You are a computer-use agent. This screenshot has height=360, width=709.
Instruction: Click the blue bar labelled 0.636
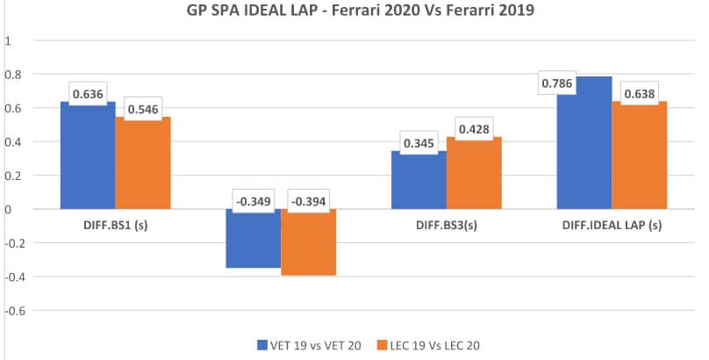88,158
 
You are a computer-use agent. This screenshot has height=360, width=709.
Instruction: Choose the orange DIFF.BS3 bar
474,176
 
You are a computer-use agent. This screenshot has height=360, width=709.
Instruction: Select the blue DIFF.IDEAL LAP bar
584,149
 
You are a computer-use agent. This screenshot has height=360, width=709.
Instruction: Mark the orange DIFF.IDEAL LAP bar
640,158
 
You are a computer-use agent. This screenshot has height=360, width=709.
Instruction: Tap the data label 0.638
640,91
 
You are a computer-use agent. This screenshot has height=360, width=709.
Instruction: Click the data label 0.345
419,141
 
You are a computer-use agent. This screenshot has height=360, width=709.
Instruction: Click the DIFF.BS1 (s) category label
117,226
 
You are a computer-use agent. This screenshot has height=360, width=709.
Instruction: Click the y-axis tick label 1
8,40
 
